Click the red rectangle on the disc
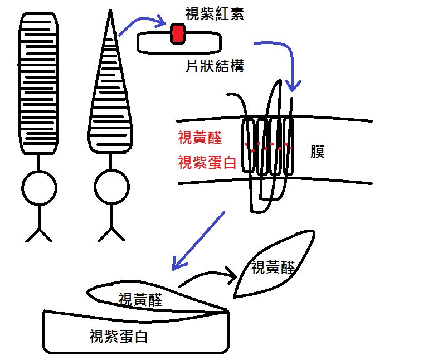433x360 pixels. [x=177, y=33]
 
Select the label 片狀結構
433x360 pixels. [x=215, y=66]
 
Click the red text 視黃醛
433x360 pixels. [x=199, y=138]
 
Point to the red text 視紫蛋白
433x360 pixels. [x=207, y=163]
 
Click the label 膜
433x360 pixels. [x=317, y=152]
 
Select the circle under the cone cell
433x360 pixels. [x=111, y=189]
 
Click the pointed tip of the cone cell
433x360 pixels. [x=110, y=13]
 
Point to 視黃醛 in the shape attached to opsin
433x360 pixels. [x=140, y=299]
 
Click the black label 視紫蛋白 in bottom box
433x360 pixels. [x=119, y=337]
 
